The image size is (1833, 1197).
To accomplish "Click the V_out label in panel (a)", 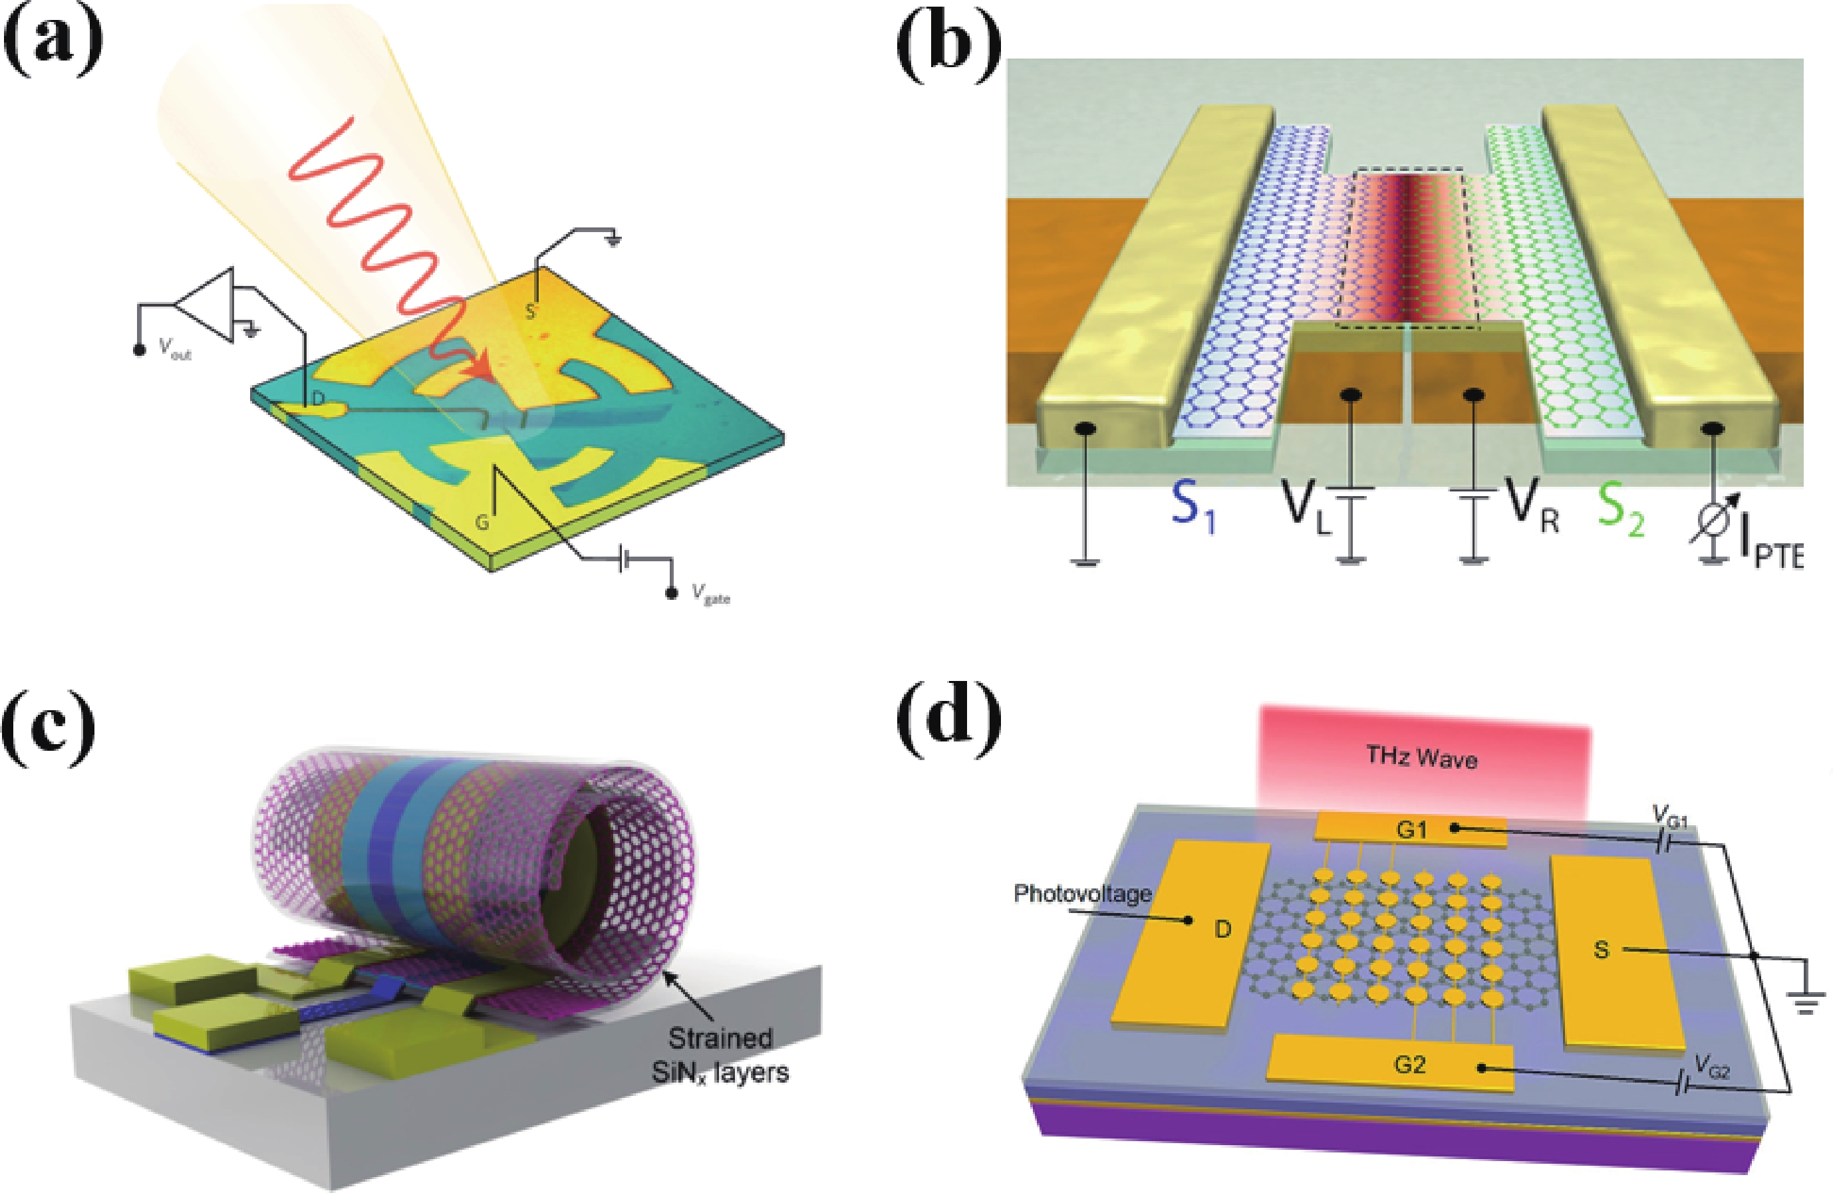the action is point(175,348).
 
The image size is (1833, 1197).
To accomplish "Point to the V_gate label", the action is point(710,594).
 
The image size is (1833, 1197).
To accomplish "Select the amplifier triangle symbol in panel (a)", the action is point(205,305).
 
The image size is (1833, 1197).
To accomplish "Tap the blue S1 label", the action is point(1193,509).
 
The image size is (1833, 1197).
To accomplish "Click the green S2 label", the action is point(1621,509).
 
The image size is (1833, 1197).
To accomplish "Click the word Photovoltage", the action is point(1082,894).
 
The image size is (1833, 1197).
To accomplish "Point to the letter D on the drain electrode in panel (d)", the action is point(1223,929).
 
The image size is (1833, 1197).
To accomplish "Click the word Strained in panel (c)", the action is point(720,1038).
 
